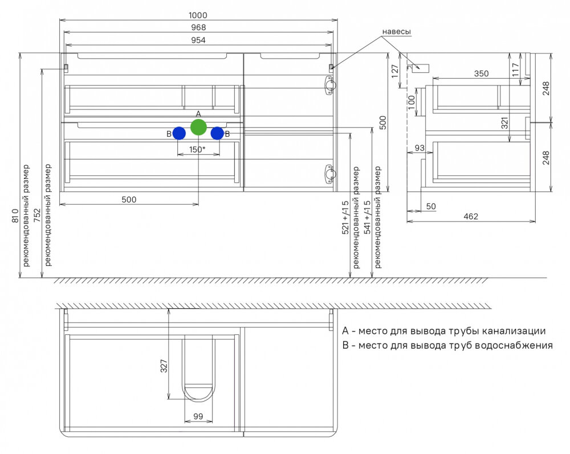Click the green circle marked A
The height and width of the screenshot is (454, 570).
tap(198, 127)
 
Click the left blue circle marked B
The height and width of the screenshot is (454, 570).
tap(179, 133)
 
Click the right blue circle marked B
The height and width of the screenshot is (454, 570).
tap(217, 133)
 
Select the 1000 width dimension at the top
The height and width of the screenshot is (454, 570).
tap(198, 15)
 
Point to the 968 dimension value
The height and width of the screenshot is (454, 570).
tap(198, 27)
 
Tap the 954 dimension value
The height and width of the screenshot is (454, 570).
tap(198, 40)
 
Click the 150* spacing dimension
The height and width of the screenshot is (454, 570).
tap(197, 150)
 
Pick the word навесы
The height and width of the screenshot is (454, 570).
tap(396, 32)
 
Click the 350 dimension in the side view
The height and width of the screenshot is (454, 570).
tap(482, 73)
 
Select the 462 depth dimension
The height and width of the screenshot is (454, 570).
tap(471, 216)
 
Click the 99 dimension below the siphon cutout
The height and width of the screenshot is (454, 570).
tap(198, 416)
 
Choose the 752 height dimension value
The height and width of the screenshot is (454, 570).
tap(38, 212)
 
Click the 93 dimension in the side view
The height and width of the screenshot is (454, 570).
tap(420, 148)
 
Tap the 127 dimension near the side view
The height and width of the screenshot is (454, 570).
tap(394, 70)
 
